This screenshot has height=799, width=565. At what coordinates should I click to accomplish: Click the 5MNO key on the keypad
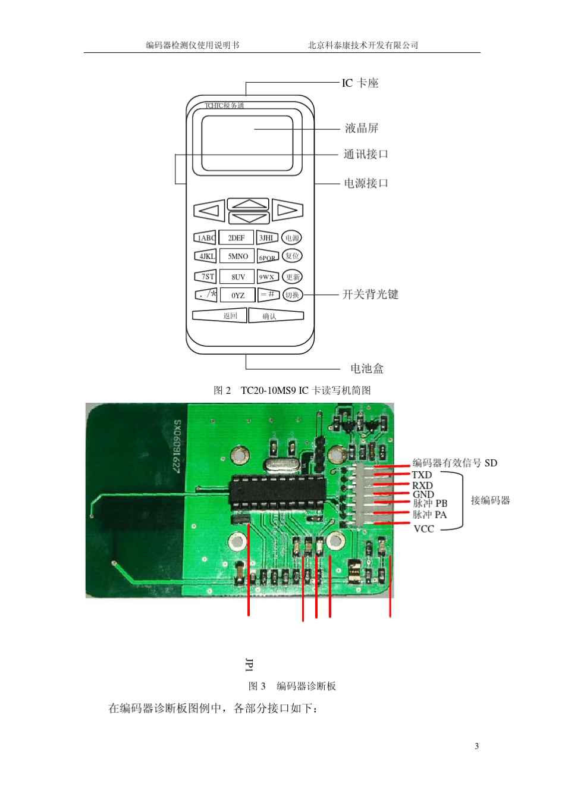tap(237, 256)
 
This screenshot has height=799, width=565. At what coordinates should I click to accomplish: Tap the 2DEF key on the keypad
tap(236, 238)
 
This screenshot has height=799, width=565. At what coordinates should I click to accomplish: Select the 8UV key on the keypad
tap(238, 277)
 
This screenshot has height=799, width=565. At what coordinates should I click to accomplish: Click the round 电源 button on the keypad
tap(291, 238)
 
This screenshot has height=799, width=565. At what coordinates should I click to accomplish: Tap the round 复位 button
tap(292, 256)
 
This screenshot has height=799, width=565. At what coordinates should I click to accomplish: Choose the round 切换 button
tap(292, 294)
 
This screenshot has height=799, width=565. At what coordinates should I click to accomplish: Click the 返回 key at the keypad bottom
tap(219, 316)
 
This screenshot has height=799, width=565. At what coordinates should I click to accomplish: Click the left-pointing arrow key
tap(209, 211)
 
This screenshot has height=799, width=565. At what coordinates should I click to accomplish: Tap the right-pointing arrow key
tap(287, 210)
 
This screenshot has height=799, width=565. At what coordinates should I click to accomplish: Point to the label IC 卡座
tap(360, 83)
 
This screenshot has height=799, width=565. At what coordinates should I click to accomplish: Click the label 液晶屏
tap(362, 129)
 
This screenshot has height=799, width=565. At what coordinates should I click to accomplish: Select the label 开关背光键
tap(370, 294)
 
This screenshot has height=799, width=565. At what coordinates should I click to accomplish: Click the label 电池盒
tap(367, 369)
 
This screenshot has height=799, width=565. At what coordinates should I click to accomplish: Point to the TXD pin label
tap(422, 475)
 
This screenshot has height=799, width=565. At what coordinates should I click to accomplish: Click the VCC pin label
tap(423, 529)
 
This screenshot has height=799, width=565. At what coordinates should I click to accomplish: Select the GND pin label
tap(423, 494)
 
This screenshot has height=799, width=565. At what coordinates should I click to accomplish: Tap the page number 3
tap(476, 746)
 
